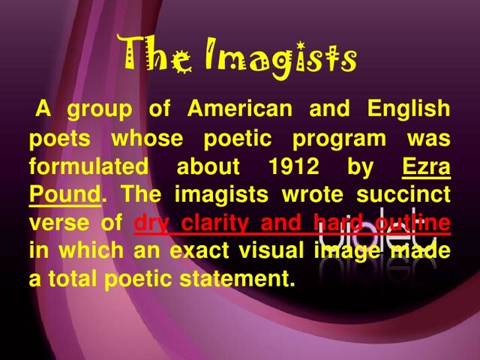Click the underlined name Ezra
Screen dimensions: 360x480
click(x=426, y=166)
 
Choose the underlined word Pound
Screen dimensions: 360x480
click(x=64, y=194)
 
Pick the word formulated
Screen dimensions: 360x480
click(x=88, y=166)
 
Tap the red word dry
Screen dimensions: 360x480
click(x=151, y=223)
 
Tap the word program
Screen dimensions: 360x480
click(x=339, y=139)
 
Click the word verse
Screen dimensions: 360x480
click(x=55, y=223)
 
